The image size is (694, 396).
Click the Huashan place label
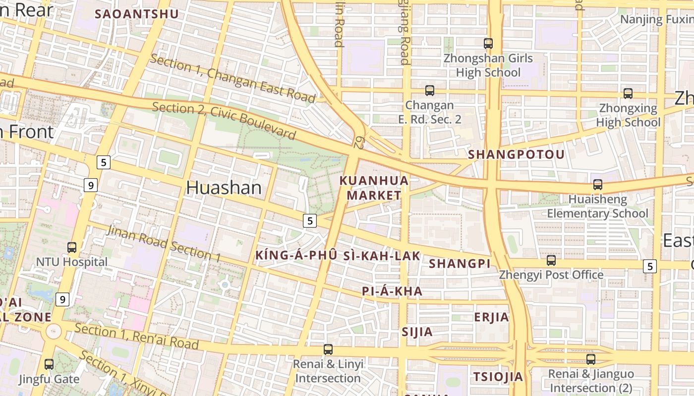coord(224,188)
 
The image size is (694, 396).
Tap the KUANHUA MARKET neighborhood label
coord(374,188)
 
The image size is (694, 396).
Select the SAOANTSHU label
coord(136,14)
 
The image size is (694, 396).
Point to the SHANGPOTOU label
coord(516,154)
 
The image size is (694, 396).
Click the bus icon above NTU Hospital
coord(72,247)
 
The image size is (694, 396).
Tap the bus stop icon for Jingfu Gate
coord(49,364)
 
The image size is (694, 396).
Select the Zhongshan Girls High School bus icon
coord(488,44)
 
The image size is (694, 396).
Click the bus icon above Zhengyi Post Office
coord(551,260)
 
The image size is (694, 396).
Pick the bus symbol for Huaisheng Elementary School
coord(598,185)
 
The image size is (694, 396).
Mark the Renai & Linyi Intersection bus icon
coord(328,349)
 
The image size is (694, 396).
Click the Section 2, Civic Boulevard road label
coord(224,120)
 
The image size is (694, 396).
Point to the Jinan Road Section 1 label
coord(164,244)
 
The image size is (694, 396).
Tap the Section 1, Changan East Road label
coord(232,78)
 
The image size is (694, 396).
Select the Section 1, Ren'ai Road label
coord(137,337)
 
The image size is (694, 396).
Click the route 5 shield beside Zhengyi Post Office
coord(650,266)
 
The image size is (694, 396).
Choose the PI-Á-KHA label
coord(392,292)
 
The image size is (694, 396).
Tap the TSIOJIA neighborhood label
coord(498,377)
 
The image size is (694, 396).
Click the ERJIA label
coord(491,317)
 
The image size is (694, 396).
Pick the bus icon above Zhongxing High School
coord(628,93)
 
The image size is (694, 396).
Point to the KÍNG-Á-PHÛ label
coord(296,256)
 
